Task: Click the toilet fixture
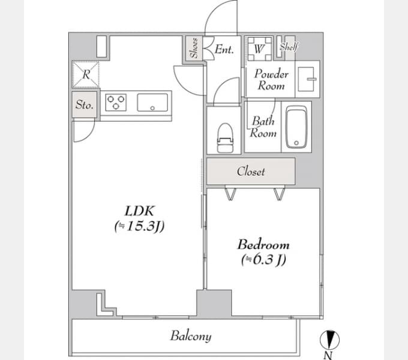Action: point(225,138)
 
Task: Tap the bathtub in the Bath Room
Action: point(296,127)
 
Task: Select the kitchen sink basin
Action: point(152,103)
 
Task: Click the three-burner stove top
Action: point(116,103)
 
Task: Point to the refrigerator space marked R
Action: point(86,74)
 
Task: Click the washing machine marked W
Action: point(259,49)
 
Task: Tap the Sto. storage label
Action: point(85,104)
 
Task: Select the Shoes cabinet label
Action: point(194,48)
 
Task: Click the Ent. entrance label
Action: point(224,49)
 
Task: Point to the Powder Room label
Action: point(271,80)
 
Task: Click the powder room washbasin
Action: point(307,79)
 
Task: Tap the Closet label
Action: point(251,172)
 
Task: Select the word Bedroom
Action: point(263,245)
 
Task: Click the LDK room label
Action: point(140,211)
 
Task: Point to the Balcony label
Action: point(191,336)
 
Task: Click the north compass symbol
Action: point(329,340)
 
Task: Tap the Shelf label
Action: point(289,47)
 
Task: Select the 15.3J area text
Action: point(139,226)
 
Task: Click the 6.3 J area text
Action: point(263,259)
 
